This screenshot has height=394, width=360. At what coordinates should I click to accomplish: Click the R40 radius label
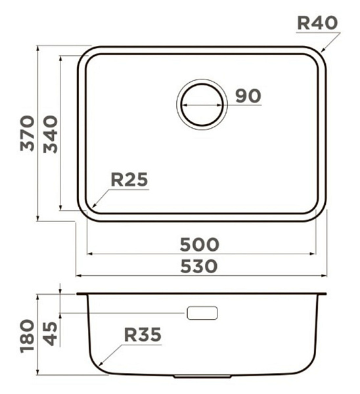317,23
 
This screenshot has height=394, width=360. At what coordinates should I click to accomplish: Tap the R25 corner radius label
129,180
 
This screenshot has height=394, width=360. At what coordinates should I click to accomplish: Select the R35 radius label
143,335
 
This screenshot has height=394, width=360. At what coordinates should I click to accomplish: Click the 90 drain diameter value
248,96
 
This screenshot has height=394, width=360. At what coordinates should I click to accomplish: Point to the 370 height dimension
28,133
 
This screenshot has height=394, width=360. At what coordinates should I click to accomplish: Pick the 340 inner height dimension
51,134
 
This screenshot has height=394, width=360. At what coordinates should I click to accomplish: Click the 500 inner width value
200,244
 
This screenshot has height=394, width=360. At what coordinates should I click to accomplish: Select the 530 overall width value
199,267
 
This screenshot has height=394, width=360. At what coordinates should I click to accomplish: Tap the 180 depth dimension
28,336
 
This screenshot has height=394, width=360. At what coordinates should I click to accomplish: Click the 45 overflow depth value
51,334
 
